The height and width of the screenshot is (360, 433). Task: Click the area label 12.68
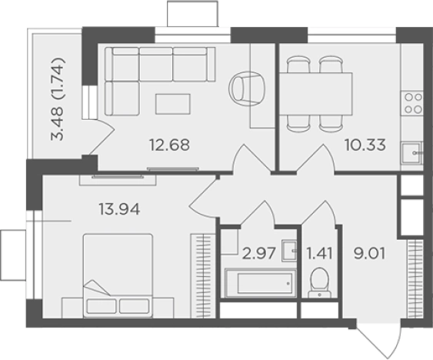click(169, 145)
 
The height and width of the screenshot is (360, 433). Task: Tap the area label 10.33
click(365, 145)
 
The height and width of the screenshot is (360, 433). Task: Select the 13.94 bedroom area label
click(119, 209)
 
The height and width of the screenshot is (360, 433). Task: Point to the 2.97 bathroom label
click(258, 253)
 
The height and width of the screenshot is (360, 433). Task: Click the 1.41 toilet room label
click(319, 253)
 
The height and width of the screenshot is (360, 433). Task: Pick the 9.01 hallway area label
click(369, 253)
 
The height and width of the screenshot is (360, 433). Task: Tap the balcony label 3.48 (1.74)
click(58, 99)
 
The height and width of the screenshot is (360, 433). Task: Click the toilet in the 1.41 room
click(319, 282)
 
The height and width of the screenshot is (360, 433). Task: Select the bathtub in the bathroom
click(261, 283)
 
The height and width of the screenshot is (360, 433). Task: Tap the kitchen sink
click(412, 152)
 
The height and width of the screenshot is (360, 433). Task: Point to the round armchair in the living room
click(247, 88)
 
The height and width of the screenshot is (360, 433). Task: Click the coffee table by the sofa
click(173, 104)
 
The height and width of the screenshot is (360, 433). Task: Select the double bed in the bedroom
click(118, 275)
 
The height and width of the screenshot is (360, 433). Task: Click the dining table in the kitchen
click(316, 94)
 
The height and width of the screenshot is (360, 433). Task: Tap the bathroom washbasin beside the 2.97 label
click(289, 251)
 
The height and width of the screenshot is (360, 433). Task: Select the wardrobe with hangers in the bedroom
click(203, 276)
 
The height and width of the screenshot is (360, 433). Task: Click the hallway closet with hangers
click(415, 279)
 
